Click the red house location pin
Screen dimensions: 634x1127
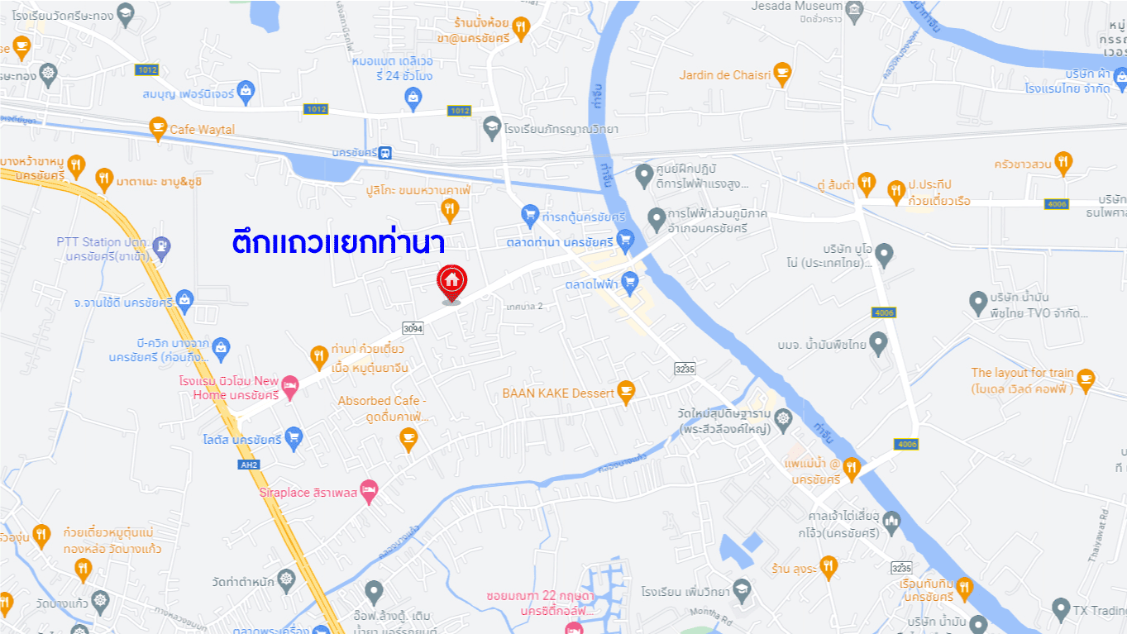pos(451,281)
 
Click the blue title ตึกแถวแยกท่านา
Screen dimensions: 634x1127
pos(337,243)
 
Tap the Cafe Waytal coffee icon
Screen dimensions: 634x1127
pos(157,128)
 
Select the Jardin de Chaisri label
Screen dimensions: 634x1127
pos(724,75)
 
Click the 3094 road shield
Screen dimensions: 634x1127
pos(413,328)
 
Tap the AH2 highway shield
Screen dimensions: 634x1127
pos(249,465)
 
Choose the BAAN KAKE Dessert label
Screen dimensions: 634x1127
pos(558,393)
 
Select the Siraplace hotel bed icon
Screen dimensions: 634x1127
pos(369,489)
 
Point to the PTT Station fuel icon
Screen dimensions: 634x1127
pos(162,245)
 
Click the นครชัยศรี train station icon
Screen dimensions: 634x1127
pos(387,153)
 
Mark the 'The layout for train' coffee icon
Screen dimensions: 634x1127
pos(1086,379)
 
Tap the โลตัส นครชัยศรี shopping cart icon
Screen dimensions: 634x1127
pos(294,437)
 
